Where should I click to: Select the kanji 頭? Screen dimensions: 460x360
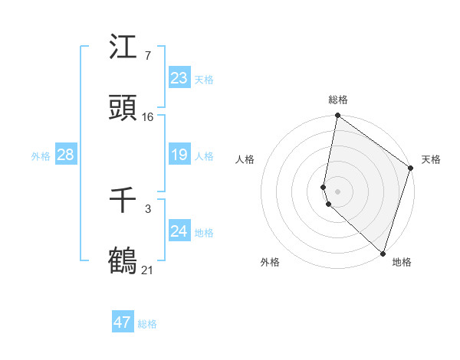click(123, 108)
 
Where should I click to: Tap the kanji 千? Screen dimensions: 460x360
click(123, 201)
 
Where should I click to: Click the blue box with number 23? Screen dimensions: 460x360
click(179, 78)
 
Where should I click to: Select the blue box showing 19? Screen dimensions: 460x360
click(179, 155)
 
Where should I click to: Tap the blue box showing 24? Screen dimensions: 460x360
click(179, 231)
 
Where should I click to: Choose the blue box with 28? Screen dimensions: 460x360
click(65, 155)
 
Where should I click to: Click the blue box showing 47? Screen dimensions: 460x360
click(123, 322)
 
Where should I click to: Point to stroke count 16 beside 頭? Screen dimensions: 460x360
click(148, 116)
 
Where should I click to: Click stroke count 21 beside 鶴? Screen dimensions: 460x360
click(148, 270)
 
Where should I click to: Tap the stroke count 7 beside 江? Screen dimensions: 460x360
click(147, 55)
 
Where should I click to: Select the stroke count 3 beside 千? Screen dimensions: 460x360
click(147, 208)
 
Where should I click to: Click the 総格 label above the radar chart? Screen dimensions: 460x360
click(338, 100)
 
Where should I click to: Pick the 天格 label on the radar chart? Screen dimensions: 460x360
click(431, 159)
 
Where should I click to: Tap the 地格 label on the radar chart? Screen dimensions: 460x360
click(402, 262)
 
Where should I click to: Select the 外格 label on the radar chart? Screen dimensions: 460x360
click(270, 262)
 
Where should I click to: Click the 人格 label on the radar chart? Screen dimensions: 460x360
click(245, 159)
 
